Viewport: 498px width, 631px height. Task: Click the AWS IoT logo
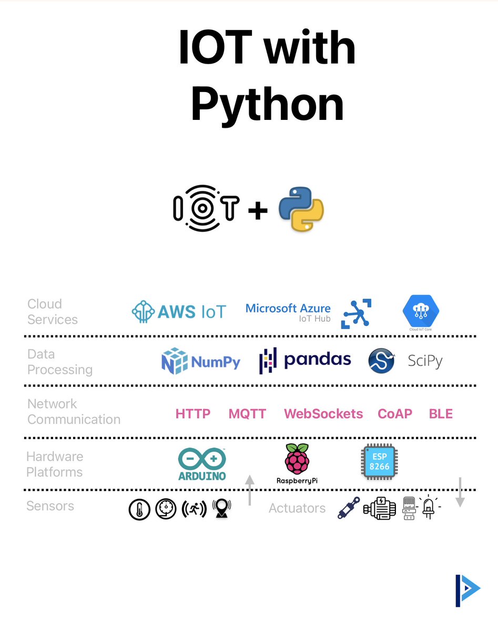tap(178, 311)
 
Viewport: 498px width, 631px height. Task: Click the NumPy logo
tap(200, 361)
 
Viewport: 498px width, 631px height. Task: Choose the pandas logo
tap(305, 360)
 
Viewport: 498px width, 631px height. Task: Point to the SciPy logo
tap(405, 361)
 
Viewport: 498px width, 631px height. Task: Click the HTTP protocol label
tap(193, 414)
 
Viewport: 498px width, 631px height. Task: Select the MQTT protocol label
tap(247, 414)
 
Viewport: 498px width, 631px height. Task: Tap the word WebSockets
tap(323, 414)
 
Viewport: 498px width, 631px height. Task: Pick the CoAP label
tap(395, 414)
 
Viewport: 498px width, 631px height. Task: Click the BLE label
tap(441, 414)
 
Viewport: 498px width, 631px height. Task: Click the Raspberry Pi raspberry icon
tap(297, 459)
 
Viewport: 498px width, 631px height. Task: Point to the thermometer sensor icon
tap(139, 510)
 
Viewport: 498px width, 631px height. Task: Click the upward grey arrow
tap(250, 490)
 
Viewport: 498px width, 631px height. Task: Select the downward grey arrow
tap(460, 492)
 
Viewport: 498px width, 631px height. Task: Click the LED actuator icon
tap(429, 508)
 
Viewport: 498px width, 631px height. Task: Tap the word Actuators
tap(297, 508)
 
